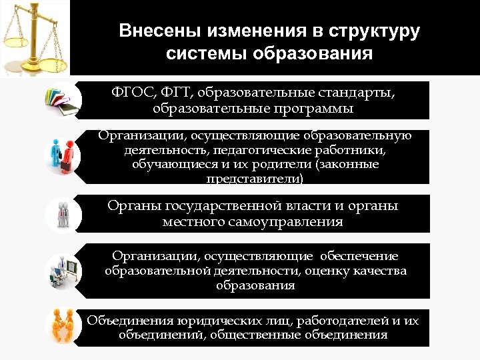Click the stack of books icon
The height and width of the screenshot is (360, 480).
pos(61,100)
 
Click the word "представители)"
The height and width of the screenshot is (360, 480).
pos(255,179)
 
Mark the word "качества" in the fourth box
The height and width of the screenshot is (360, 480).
pos(379,271)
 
